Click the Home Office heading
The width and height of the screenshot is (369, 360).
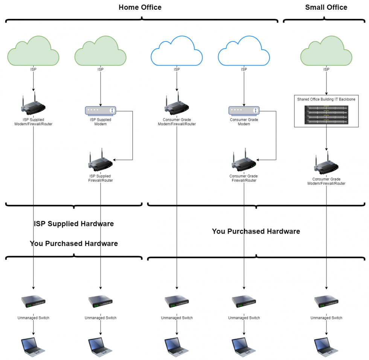coord(140,8)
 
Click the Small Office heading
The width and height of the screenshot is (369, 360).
coord(326,8)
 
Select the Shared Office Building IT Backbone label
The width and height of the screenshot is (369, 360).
coord(326,99)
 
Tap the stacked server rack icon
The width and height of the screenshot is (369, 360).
coord(326,114)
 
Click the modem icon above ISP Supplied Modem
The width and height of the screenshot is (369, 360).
coord(101,111)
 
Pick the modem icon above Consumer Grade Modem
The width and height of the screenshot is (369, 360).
coord(244,111)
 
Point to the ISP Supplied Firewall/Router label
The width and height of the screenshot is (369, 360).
coord(101,178)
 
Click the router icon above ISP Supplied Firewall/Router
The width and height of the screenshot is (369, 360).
coord(101,161)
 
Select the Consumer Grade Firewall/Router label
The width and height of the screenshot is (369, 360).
coord(244,178)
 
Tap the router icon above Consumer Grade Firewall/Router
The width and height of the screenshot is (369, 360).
coord(244,161)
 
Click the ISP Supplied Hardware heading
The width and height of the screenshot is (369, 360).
coord(74,224)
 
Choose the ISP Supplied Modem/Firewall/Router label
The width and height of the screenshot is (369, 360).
coord(34,122)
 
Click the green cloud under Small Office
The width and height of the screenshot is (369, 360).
coord(326,52)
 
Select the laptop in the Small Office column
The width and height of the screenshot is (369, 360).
coord(326,346)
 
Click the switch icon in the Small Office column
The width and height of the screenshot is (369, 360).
coord(326,301)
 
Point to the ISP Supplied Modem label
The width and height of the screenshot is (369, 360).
coord(101,122)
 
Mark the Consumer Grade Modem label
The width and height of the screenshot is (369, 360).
coord(244,122)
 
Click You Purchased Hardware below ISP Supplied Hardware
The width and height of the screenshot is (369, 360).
coord(74,244)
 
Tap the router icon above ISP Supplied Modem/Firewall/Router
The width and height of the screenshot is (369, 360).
coord(34,105)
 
